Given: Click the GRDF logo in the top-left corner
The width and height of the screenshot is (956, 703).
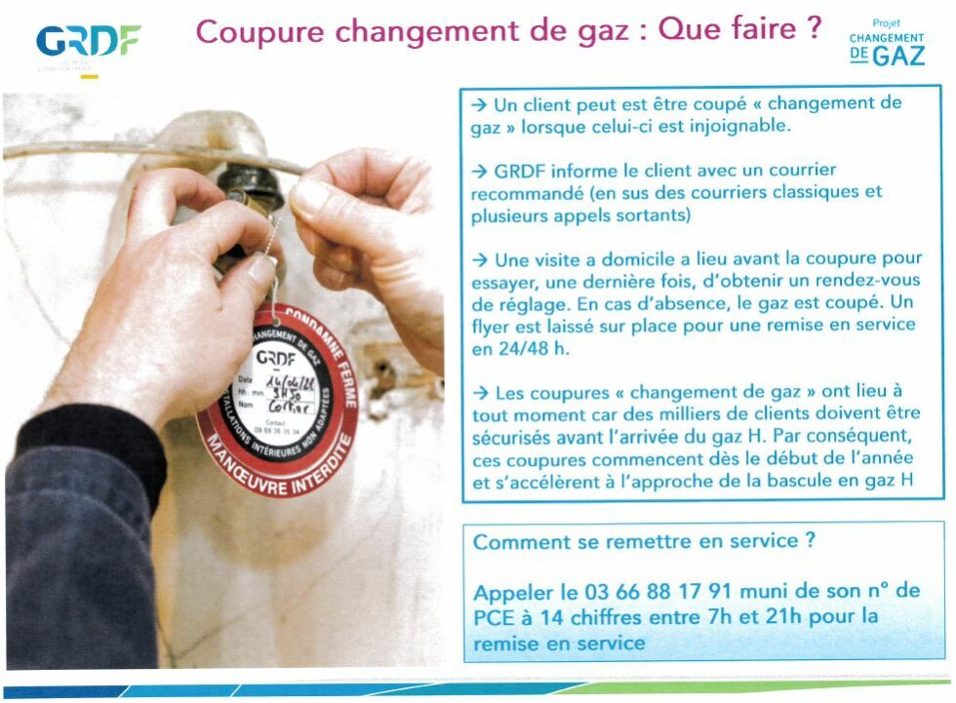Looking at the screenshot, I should tap(88, 41).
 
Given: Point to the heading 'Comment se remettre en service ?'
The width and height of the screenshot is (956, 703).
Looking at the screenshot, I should tap(644, 542).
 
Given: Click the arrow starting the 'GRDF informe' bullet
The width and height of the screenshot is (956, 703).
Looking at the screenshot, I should tap(480, 171).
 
